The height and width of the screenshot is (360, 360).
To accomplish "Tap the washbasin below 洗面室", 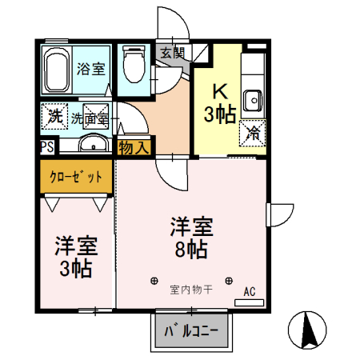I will point(94,145).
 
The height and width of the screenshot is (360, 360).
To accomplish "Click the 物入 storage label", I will point(133,147).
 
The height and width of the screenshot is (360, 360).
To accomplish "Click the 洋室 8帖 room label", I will point(190,237).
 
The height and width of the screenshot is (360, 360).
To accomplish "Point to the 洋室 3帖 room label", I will point(74,256).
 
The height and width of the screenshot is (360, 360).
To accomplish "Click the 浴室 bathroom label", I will point(90,69).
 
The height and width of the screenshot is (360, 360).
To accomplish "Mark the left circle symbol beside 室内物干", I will point(153,281).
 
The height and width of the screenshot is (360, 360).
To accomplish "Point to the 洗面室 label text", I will point(90,118).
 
